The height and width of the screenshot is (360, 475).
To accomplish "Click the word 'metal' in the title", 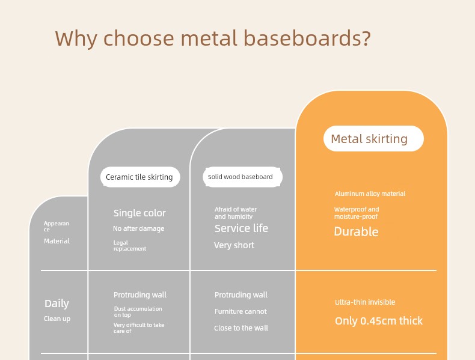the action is pyautogui.click(x=209, y=38).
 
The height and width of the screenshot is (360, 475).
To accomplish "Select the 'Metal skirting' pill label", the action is pyautogui.click(x=373, y=139).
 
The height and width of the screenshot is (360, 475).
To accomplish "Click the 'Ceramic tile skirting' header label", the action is pyautogui.click(x=140, y=177).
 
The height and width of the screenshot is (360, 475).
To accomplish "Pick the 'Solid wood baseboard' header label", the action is pyautogui.click(x=242, y=177).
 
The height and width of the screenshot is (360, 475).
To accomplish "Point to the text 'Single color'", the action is pyautogui.click(x=139, y=213).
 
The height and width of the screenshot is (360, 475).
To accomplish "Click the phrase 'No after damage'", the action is pyautogui.click(x=139, y=228).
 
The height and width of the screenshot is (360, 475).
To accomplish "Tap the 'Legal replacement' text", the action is pyautogui.click(x=130, y=246).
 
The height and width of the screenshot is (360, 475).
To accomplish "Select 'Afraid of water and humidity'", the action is pyautogui.click(x=236, y=213).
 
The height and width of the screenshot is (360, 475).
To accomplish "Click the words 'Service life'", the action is pyautogui.click(x=242, y=228).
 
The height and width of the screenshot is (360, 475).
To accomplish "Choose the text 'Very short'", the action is pyautogui.click(x=234, y=245).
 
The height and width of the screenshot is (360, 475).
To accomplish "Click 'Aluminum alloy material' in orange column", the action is pyautogui.click(x=370, y=194).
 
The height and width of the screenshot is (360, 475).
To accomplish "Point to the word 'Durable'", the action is pyautogui.click(x=356, y=231).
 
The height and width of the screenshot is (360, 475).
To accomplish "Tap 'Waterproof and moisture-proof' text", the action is pyautogui.click(x=357, y=213).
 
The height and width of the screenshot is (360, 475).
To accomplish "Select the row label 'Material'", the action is pyautogui.click(x=57, y=241).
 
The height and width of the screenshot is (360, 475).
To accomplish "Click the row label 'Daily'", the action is pyautogui.click(x=57, y=304).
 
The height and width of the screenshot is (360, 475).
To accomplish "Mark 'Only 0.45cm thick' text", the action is pyautogui.click(x=379, y=321).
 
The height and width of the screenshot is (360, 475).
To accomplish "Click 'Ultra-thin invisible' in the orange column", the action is pyautogui.click(x=365, y=302).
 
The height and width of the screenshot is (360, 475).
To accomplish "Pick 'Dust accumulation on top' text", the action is pyautogui.click(x=138, y=311).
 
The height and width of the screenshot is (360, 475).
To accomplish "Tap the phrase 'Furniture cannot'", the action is pyautogui.click(x=241, y=311).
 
